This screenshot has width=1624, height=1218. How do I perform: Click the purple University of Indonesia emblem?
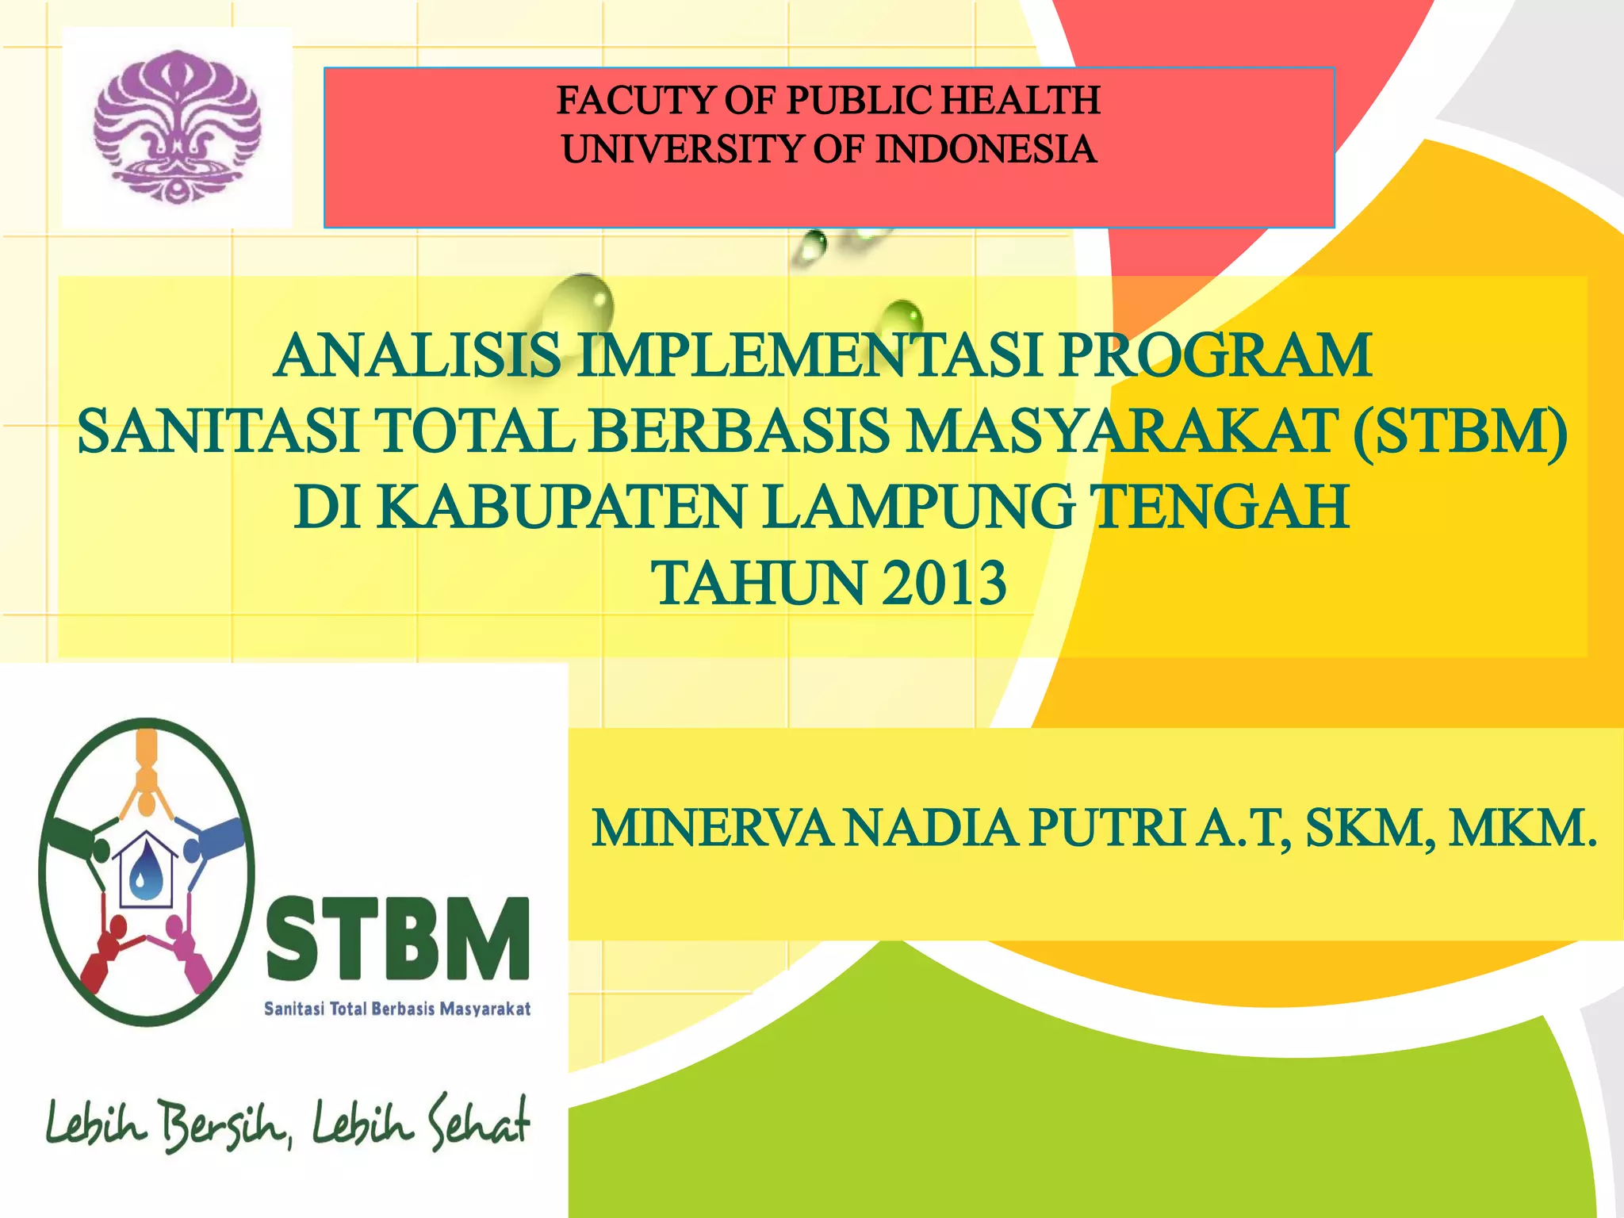point(176,127)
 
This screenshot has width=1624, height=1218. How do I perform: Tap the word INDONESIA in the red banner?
point(986,150)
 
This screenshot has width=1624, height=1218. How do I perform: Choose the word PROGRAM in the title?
point(1216,356)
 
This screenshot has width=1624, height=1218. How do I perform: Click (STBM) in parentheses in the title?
point(1460,432)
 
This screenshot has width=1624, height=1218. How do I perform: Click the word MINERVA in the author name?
point(711,829)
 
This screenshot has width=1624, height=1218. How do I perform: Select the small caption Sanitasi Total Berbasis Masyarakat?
point(397,1009)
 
